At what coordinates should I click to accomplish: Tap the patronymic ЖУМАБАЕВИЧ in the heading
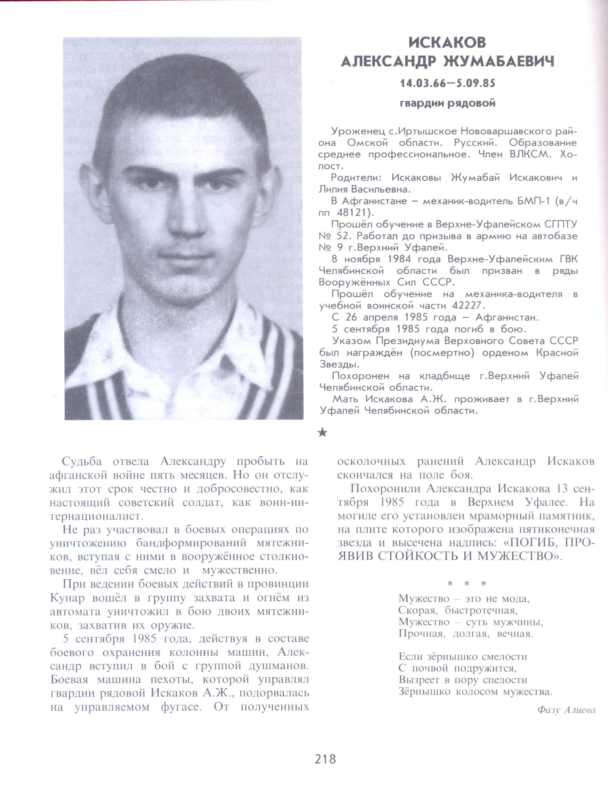[499, 62]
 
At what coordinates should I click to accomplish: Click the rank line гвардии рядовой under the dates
[447, 104]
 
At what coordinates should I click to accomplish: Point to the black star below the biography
[322, 433]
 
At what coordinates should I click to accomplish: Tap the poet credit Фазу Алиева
[566, 710]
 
